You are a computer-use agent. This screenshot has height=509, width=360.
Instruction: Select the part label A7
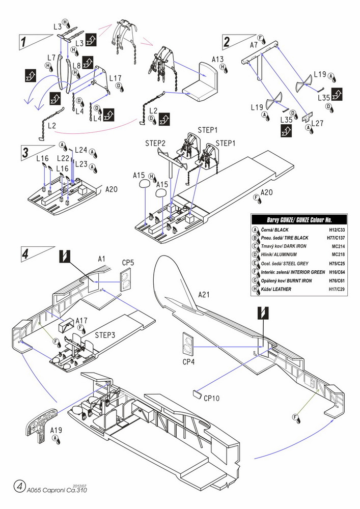254,45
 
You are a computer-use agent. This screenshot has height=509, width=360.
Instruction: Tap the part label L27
317,123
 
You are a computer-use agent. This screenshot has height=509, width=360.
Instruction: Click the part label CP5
128,263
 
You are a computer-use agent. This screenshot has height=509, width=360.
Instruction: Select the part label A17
81,321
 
